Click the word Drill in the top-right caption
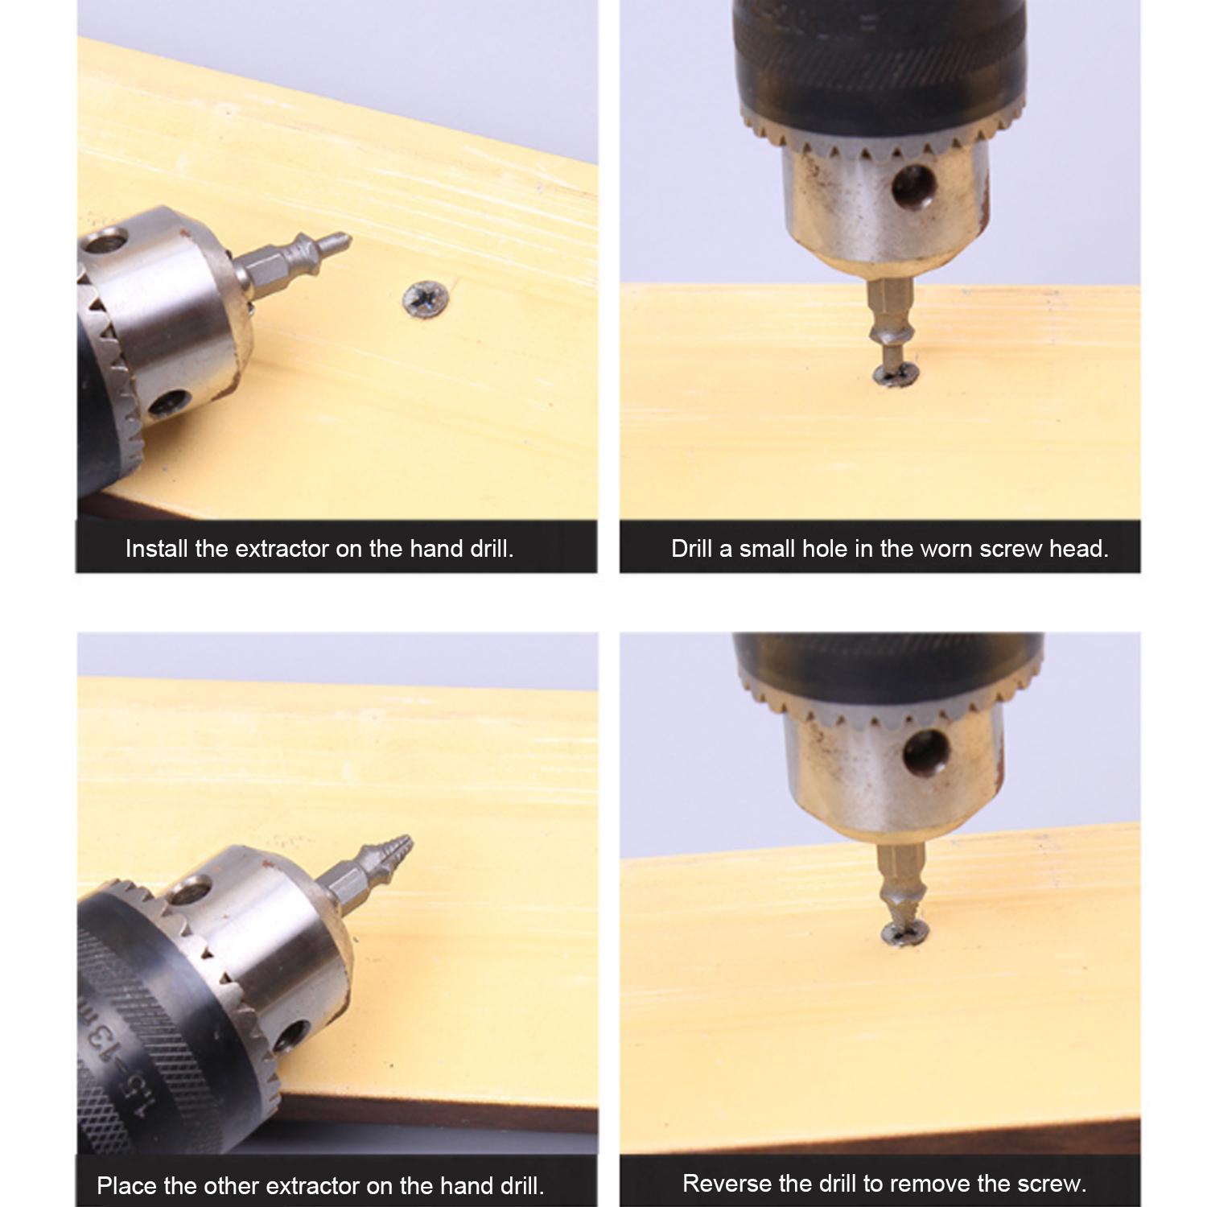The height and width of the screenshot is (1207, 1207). pyautogui.click(x=692, y=549)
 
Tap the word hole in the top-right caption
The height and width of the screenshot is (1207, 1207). pyautogui.click(x=833, y=549)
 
